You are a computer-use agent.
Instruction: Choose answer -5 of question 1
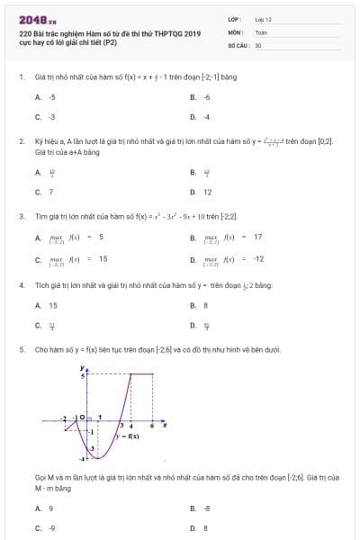point(52,96)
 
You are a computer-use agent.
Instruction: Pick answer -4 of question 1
point(206,117)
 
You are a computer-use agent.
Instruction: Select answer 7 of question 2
point(50,192)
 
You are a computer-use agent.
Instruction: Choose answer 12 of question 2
point(207,192)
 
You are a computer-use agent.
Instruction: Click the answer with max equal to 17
point(232,238)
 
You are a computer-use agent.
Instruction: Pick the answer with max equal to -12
point(232,259)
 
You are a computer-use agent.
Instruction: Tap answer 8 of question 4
point(206,306)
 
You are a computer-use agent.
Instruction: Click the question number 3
point(21,216)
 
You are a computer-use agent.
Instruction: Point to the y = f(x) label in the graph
point(126,436)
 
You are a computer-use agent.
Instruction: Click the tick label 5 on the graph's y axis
point(83,374)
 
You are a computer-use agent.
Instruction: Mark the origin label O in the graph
point(81,418)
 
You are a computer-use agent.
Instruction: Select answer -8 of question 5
point(206,508)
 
